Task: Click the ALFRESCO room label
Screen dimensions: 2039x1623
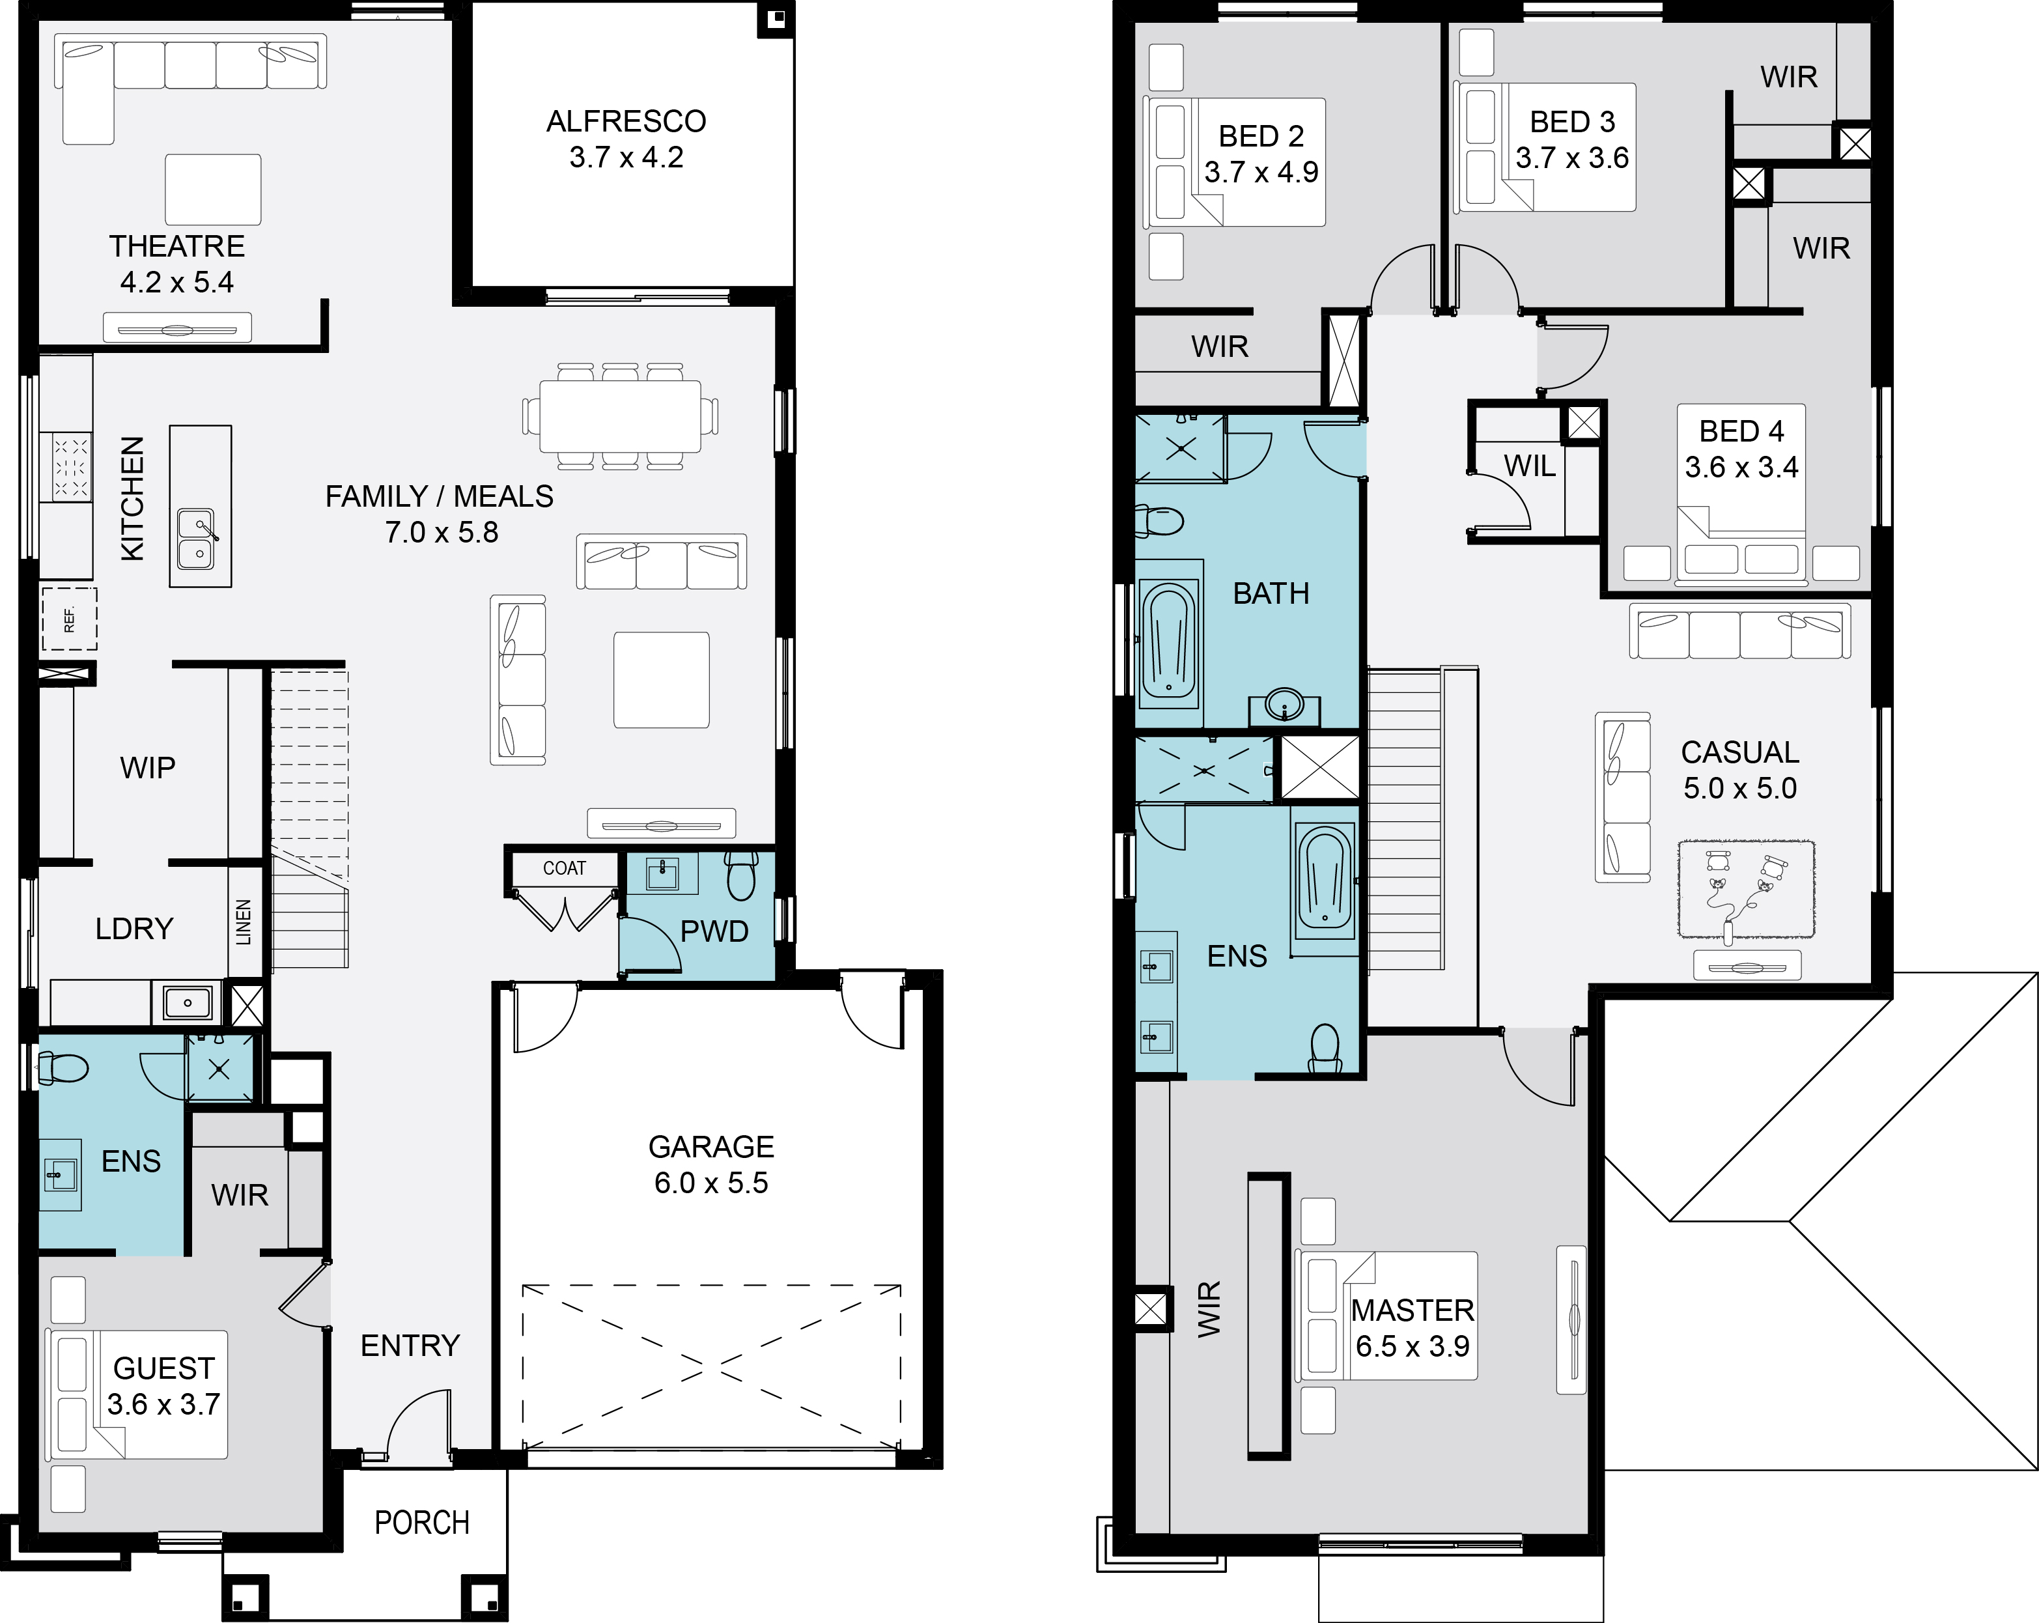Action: (626, 121)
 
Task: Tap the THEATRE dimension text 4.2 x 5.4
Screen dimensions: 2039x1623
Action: (177, 282)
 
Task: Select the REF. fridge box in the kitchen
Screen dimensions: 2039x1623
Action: (69, 619)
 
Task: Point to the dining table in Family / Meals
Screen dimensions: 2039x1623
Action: (621, 416)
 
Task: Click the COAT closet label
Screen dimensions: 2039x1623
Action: (565, 868)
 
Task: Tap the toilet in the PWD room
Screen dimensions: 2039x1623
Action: (742, 875)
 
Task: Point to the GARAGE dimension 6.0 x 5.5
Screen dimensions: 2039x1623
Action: (711, 1182)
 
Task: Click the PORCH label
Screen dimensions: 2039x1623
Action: (422, 1522)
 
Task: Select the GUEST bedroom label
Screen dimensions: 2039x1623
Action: (163, 1368)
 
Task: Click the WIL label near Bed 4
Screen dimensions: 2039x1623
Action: (1529, 465)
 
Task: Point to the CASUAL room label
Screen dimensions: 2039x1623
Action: (1740, 752)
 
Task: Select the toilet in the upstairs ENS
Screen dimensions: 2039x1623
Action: (1326, 1048)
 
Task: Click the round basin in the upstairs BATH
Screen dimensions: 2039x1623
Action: (1284, 705)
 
